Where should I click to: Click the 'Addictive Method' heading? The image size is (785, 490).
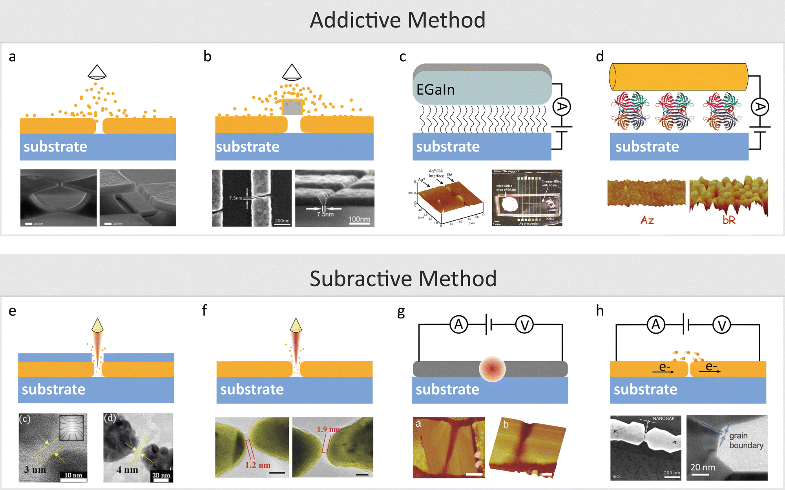click(x=398, y=20)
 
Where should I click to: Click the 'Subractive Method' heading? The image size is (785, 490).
click(x=403, y=278)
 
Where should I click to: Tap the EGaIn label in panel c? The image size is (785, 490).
click(x=435, y=90)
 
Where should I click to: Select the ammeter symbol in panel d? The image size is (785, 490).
click(x=760, y=107)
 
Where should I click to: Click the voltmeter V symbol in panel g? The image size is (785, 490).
click(x=525, y=325)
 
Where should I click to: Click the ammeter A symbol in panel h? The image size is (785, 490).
click(x=656, y=325)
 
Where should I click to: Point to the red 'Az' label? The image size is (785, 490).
click(x=647, y=220)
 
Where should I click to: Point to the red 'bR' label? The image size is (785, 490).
click(x=729, y=220)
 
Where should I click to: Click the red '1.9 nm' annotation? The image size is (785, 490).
click(x=328, y=430)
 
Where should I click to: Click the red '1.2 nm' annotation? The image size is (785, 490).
click(x=258, y=465)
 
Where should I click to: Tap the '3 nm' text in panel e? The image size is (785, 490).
click(x=35, y=470)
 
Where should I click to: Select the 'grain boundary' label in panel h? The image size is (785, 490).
click(x=746, y=441)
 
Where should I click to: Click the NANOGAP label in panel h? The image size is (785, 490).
click(x=663, y=419)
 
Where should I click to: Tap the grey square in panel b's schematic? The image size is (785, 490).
click(x=292, y=107)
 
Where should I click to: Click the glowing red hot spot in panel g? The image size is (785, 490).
click(x=492, y=369)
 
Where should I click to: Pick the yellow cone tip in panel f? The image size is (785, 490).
click(x=296, y=325)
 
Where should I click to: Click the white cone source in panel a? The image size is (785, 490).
click(x=97, y=72)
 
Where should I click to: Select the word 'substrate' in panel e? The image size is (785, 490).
click(x=53, y=389)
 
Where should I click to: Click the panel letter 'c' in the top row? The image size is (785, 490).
click(x=403, y=57)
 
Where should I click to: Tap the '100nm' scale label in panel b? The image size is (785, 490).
click(x=359, y=219)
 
